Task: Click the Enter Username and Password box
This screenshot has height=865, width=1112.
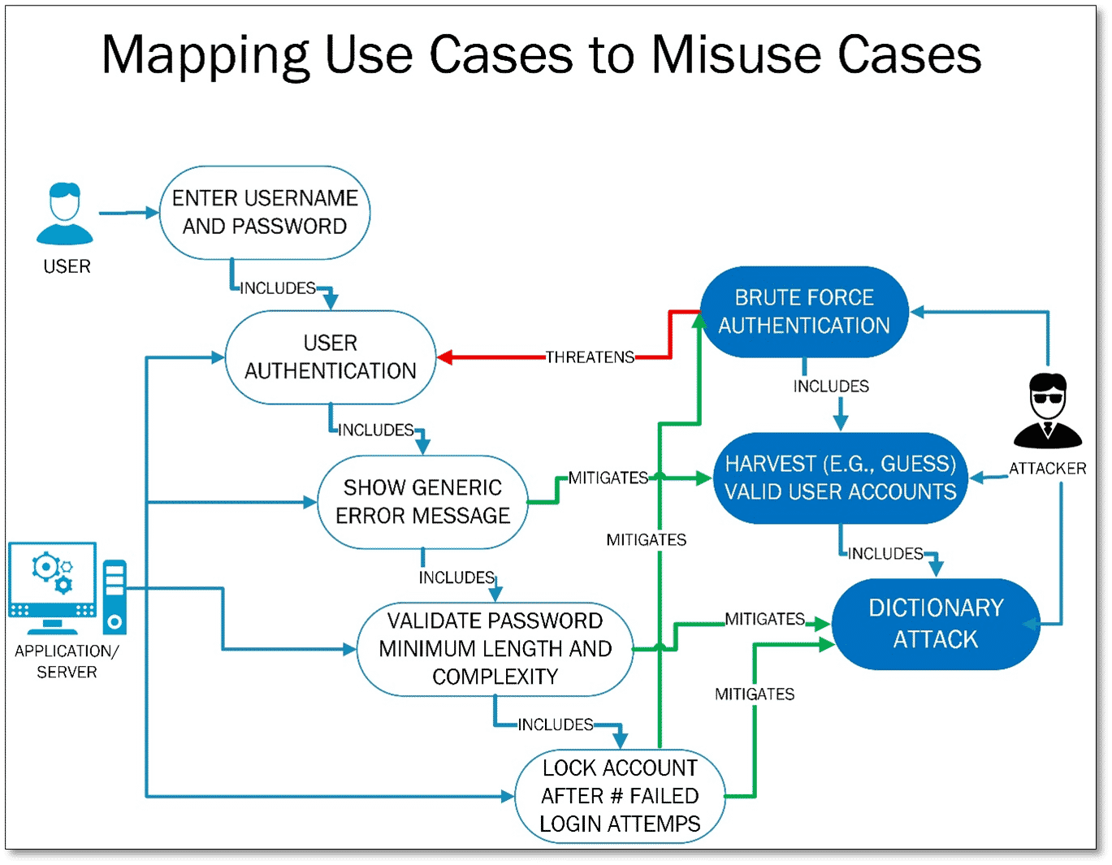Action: (x=265, y=213)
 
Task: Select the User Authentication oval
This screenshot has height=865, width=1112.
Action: (x=330, y=357)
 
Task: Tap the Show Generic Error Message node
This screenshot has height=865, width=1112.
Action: (x=422, y=502)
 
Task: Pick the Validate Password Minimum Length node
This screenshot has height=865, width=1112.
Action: (x=495, y=649)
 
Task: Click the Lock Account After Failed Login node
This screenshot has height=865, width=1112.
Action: (x=620, y=796)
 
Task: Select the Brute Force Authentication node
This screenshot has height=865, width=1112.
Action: (x=803, y=312)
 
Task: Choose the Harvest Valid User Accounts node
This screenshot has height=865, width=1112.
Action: (x=840, y=478)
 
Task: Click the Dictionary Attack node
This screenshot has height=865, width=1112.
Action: (x=936, y=624)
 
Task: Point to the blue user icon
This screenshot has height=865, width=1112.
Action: (x=65, y=214)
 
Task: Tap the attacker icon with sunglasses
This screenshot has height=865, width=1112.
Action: (x=1047, y=411)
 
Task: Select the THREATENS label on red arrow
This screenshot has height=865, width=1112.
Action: (x=590, y=357)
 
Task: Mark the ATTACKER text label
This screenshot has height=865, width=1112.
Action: (x=1047, y=469)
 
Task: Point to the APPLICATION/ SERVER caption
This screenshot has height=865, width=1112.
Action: (x=67, y=661)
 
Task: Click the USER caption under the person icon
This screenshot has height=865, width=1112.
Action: (x=67, y=266)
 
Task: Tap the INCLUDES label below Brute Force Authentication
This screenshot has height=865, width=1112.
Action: (x=831, y=387)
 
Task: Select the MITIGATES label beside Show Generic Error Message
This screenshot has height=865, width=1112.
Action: (x=608, y=478)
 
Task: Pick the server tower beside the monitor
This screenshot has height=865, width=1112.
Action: (x=115, y=597)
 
